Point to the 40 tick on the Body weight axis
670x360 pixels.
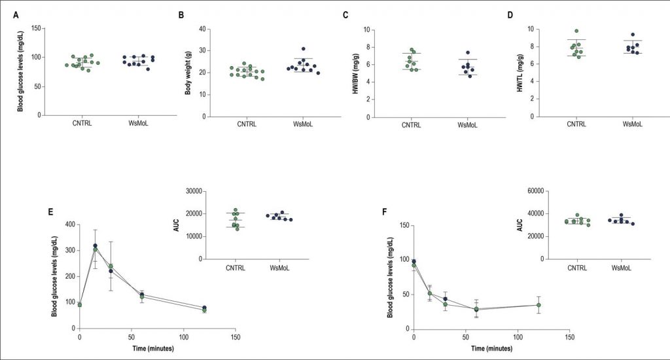coord(203,29)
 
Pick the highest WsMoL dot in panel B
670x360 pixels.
coord(303,49)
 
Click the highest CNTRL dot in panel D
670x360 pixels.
coord(576,31)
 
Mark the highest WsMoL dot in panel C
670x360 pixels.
coord(468,52)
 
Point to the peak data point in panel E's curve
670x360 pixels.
coord(96,247)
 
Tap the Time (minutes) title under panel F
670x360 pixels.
coord(491,348)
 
